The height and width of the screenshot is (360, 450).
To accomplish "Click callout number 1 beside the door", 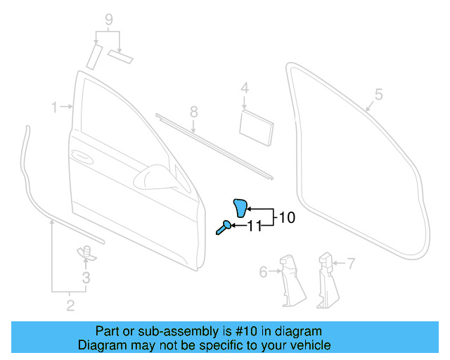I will click(54, 107).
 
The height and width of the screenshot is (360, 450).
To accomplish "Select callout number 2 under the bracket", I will click(70, 304).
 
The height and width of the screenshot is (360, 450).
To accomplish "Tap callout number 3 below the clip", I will click(86, 278).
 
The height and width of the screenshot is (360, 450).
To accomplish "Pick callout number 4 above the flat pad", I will click(245, 89).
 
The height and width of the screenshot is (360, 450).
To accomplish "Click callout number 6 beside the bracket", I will click(263, 271).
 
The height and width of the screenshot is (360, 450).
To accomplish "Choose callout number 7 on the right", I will click(352, 264).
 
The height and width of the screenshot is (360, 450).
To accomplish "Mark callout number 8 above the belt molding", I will click(194, 112).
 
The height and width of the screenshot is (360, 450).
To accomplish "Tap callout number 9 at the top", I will click(109, 20).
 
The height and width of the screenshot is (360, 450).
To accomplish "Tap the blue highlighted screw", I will click(223, 226).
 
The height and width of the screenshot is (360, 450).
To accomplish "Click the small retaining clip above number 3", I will click(84, 251).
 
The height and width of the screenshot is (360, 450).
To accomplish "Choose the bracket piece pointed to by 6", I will click(290, 278).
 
